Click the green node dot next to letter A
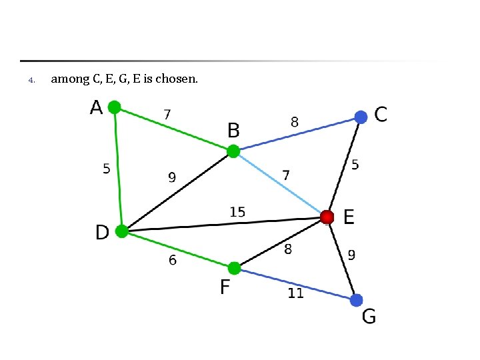(115, 107)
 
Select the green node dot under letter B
(233, 151)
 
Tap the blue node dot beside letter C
(361, 117)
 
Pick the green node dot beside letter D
(121, 231)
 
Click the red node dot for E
(327, 217)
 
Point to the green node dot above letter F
(234, 268)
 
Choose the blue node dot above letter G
(357, 300)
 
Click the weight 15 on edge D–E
(237, 212)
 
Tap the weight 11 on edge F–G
(295, 293)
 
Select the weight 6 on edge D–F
(173, 261)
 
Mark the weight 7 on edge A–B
(167, 115)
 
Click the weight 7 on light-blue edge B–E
(286, 175)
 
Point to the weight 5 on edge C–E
(355, 164)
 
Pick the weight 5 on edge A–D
(107, 169)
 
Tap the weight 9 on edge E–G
(351, 254)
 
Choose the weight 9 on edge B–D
(172, 177)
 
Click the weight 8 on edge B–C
(294, 122)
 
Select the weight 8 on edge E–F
(288, 249)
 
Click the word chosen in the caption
(177, 79)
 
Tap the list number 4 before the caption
(31, 81)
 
